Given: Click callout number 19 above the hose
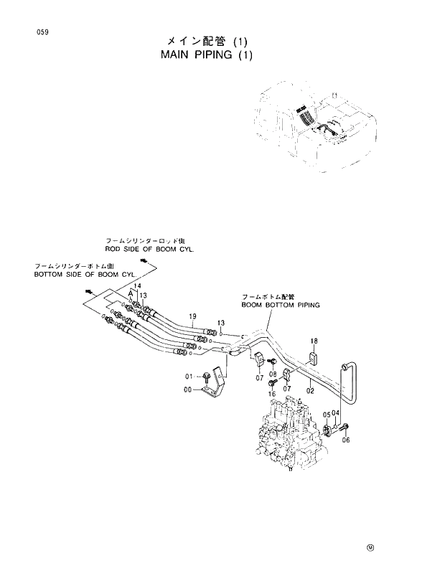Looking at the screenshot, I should (192, 316).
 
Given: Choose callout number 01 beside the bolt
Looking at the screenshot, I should (190, 376).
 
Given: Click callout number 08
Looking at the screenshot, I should (273, 374).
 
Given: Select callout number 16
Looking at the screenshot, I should (273, 394).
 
